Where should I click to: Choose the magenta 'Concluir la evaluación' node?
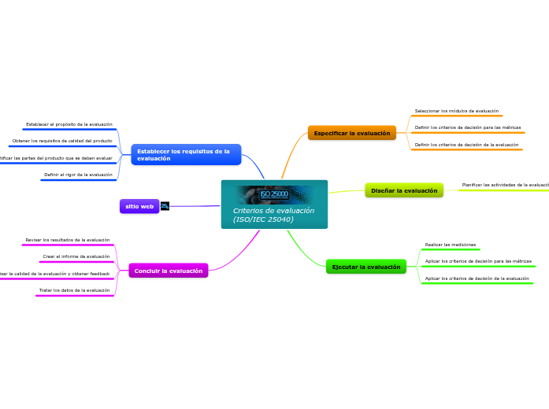pos(168,271)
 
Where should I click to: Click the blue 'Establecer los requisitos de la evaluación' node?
pos(186,155)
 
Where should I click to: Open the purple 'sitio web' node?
pos(139,206)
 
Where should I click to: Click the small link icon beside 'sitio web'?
pos(165,206)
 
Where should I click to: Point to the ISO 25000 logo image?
pos(274,193)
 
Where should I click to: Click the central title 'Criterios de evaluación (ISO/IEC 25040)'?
pos(273,215)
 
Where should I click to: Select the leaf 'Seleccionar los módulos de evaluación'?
pos(457,112)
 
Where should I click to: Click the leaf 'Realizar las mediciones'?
pos(451,245)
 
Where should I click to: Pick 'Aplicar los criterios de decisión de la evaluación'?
pos(477,278)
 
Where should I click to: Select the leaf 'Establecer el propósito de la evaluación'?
pos(69,124)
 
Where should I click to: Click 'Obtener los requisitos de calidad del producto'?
pos(62,141)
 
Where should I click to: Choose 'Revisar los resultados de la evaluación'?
pos(68,240)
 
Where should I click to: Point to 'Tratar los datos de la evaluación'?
pos(75,290)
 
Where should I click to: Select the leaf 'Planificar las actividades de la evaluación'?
pos(505,185)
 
